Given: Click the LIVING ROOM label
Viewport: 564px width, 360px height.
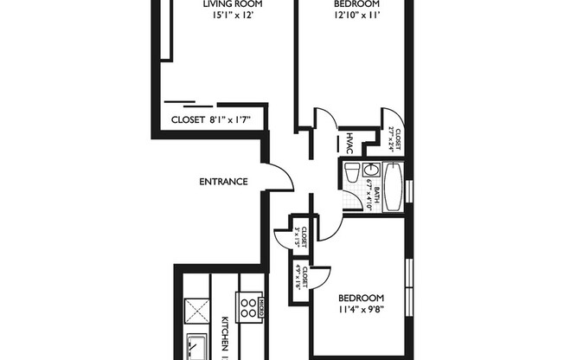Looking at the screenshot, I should [x=233, y=4].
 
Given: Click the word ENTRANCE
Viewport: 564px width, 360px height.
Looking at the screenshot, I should [x=224, y=182].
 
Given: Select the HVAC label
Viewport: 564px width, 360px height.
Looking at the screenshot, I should [x=349, y=143].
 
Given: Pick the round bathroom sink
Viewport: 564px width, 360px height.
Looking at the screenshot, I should [x=369, y=170].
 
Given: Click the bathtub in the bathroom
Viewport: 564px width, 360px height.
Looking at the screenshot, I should [x=391, y=188].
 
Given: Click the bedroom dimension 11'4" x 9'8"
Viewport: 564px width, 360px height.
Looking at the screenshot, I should [x=362, y=304].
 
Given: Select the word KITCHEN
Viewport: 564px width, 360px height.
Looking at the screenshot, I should [x=224, y=333].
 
